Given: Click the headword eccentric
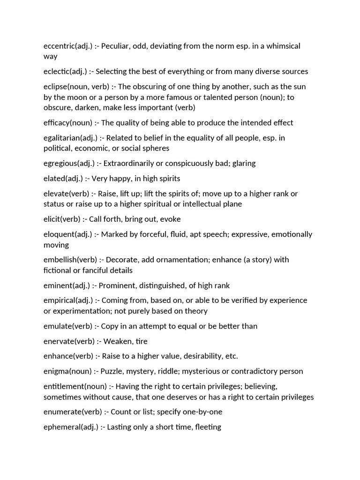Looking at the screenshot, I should click(59, 46).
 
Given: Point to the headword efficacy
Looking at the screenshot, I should click(57, 123).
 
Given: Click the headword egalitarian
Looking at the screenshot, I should click(61, 138).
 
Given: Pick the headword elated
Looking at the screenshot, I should click(54, 179).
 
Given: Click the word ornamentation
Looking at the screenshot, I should click(167, 260).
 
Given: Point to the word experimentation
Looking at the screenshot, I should click(83, 311).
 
